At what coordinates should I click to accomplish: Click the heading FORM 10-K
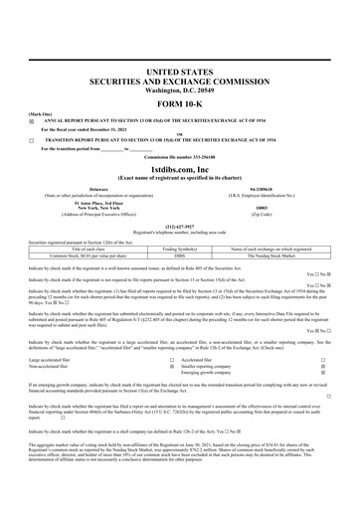(180, 105)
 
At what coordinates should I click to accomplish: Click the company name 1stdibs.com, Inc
(180, 168)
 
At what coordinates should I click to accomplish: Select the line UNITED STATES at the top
(180, 74)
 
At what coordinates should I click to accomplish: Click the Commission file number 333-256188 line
(180, 158)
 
